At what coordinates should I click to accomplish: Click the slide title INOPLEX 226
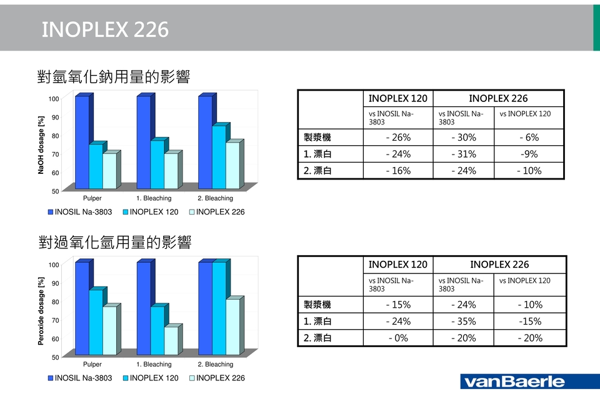click(105, 29)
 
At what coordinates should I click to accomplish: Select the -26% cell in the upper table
click(398, 138)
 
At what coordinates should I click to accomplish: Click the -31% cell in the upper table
click(463, 154)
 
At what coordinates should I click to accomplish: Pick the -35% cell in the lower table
click(463, 322)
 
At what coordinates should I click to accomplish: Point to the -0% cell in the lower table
click(398, 338)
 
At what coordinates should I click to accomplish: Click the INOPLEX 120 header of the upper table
click(398, 98)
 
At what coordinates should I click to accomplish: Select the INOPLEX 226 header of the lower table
click(499, 265)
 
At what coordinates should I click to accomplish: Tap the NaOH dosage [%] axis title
click(42, 145)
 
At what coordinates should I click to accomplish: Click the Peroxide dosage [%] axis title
click(42, 311)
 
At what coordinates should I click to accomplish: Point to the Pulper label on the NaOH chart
click(92, 198)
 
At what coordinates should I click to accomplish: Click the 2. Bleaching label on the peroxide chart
click(215, 364)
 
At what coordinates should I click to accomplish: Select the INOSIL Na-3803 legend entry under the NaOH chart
click(80, 212)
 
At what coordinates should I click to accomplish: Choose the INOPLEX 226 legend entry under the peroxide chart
click(216, 378)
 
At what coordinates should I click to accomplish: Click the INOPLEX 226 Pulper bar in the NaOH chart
click(109, 171)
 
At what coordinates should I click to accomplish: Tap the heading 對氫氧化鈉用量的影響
click(114, 78)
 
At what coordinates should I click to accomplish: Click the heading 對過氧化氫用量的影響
click(114, 242)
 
